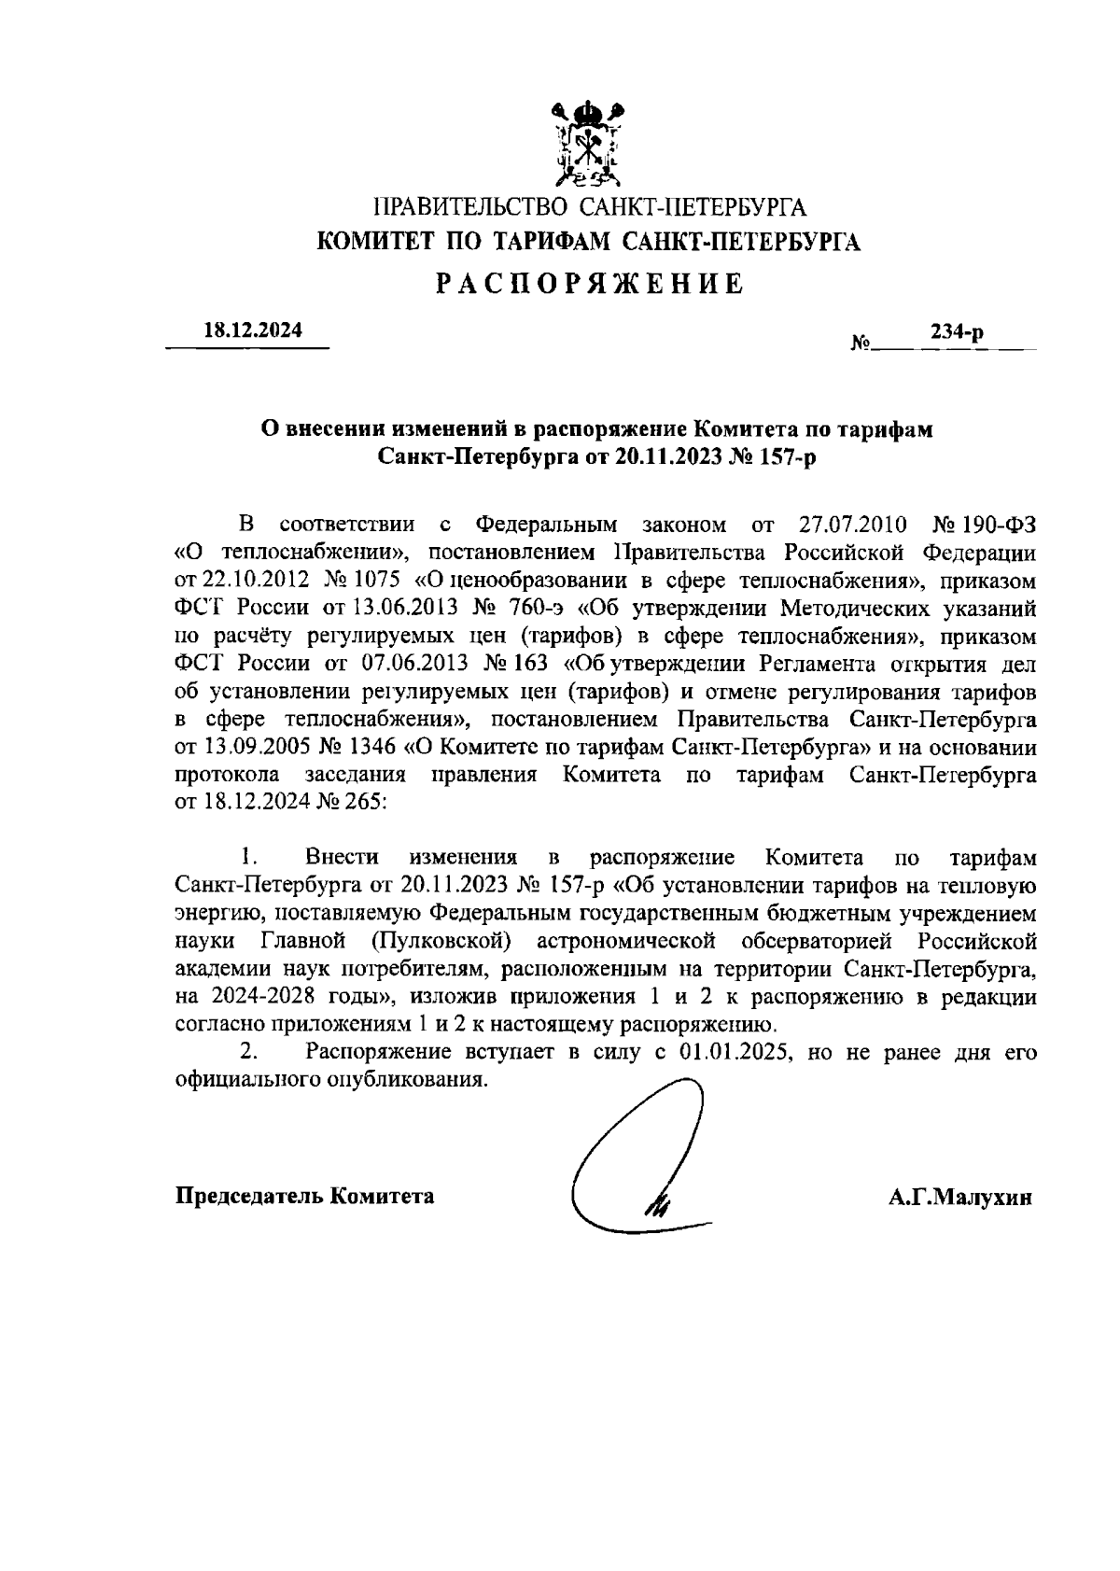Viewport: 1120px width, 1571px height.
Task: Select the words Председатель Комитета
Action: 305,1196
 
